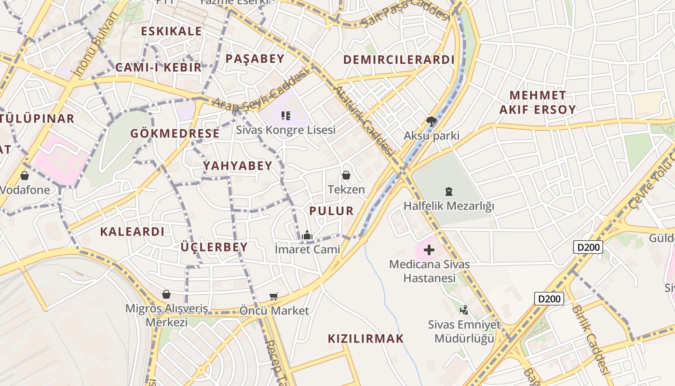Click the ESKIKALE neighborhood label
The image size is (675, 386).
[x=171, y=31]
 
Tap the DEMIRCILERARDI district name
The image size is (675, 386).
[x=399, y=59]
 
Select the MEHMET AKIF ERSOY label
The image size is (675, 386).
[x=537, y=102]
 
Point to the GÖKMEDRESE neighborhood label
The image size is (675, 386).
[x=175, y=134]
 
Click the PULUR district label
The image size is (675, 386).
[x=331, y=211]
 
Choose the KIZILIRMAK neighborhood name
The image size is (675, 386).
[x=365, y=339]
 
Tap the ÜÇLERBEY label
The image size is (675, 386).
[x=214, y=248]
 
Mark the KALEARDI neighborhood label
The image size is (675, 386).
[x=132, y=232]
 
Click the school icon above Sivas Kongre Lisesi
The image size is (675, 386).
[x=285, y=116]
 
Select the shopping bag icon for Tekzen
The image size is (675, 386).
[x=346, y=175]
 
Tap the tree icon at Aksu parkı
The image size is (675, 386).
[x=431, y=122]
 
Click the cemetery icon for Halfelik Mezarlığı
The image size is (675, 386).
[x=449, y=192]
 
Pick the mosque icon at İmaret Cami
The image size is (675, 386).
[x=307, y=235]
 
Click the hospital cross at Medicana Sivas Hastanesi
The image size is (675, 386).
[x=429, y=250]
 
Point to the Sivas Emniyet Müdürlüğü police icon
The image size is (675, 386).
[x=464, y=310]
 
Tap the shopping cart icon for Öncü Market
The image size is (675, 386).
[x=274, y=296]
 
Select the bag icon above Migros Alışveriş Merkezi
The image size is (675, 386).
[x=166, y=294]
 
